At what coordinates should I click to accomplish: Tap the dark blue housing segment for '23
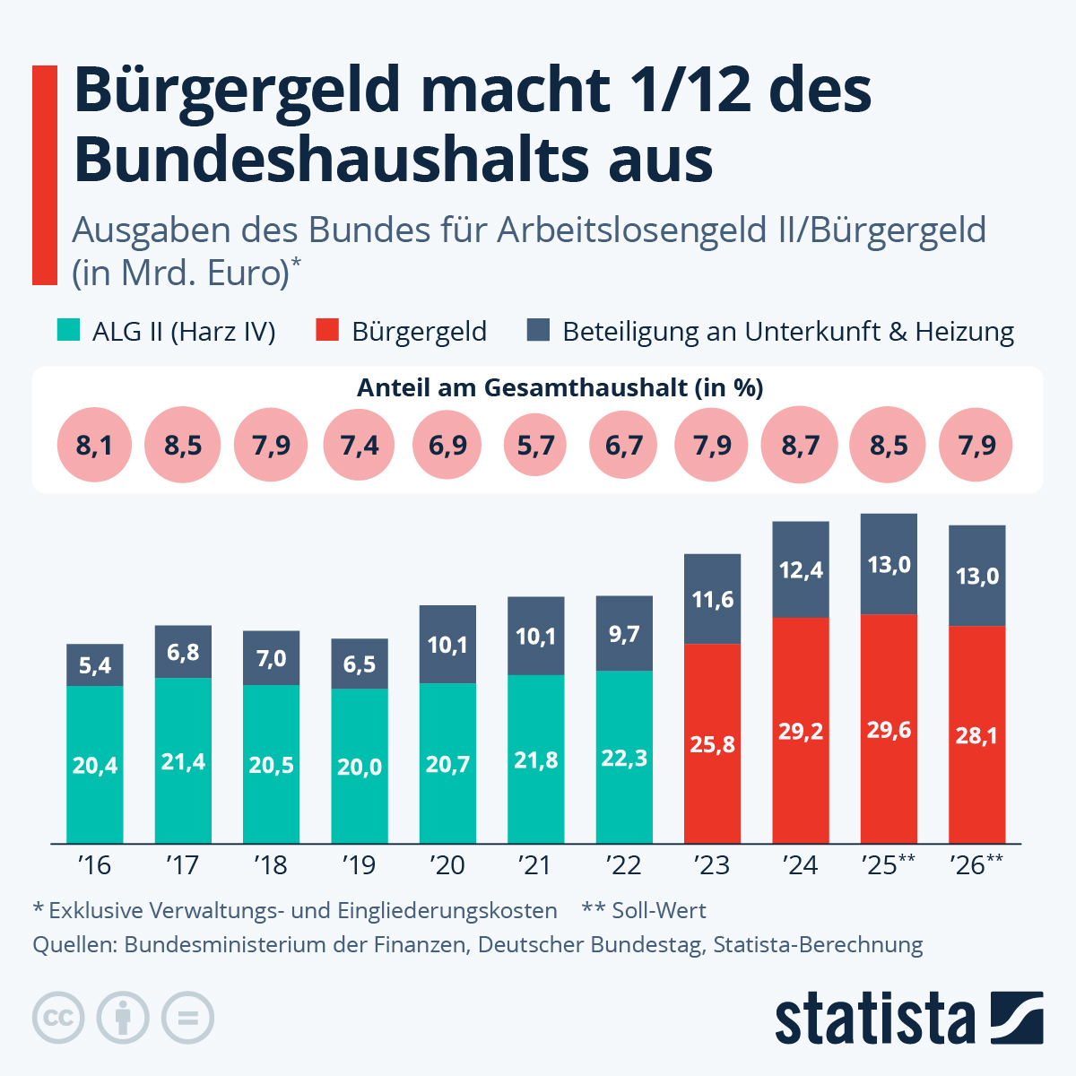coord(713,599)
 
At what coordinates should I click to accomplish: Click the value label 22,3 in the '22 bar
coord(624,759)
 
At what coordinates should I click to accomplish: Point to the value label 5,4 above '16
coord(95,665)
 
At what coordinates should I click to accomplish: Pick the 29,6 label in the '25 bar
coord(889,730)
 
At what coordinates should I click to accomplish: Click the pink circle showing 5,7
coord(536,445)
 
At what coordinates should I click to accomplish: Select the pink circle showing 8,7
coord(801,445)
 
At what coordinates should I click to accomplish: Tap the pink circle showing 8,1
coord(94,445)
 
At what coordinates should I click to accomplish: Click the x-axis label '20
coord(447,865)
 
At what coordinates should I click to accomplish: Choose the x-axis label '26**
coord(976,865)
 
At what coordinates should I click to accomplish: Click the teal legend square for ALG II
coord(68,331)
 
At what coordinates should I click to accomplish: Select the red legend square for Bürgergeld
coord(327,331)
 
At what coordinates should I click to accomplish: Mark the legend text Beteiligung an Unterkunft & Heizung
coord(787,332)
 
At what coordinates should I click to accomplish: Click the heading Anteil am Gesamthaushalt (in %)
coord(560,387)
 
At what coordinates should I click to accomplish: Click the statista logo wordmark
coord(874,1020)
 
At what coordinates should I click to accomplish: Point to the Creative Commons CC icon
coord(58,1019)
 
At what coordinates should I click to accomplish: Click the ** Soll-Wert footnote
coord(644,911)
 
